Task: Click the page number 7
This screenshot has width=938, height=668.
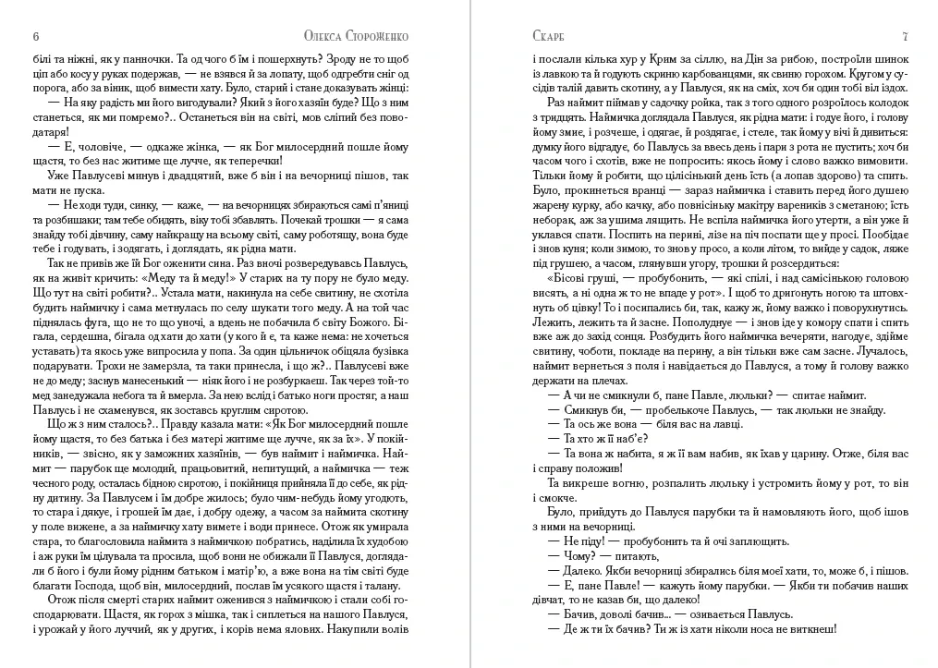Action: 905,36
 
